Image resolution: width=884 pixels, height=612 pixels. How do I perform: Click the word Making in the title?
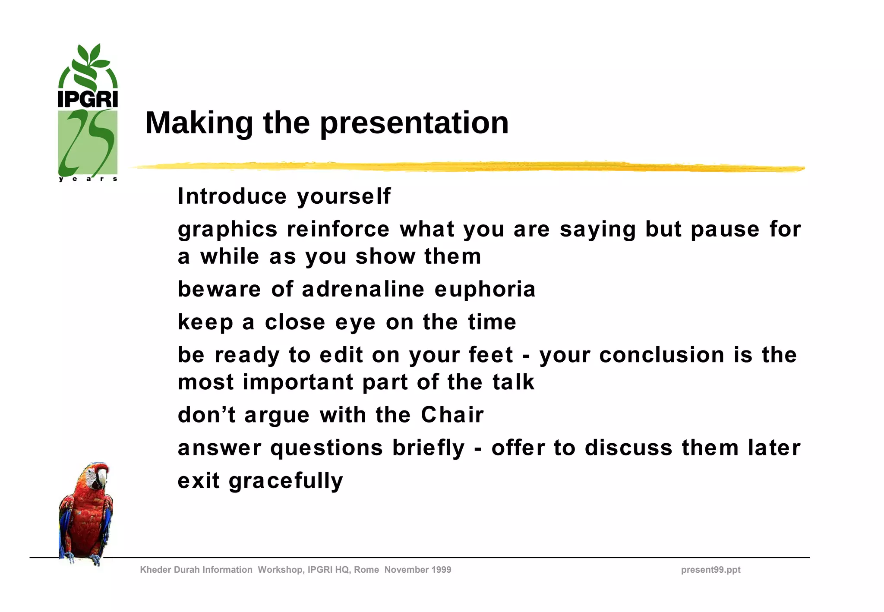pos(199,123)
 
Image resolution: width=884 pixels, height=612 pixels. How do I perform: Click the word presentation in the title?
pos(414,123)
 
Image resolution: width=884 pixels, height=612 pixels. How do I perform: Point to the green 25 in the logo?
pos(88,142)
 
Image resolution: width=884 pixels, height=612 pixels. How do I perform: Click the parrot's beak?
pos(102,478)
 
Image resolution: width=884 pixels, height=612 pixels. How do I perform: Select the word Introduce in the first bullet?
pos(232,196)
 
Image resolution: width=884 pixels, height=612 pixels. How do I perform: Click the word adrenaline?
pos(363,289)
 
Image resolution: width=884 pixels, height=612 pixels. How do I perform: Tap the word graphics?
pos(227,230)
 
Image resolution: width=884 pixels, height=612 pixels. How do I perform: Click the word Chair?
pos(452,415)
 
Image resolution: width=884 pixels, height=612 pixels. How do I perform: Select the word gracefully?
pos(286,481)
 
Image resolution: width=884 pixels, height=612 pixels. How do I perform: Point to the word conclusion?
pos(661,355)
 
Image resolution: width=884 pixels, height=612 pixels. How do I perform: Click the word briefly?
pos(428,448)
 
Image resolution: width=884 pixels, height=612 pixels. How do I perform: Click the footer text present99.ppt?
pos(710,570)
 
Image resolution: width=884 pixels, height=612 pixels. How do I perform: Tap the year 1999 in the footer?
pos(441,570)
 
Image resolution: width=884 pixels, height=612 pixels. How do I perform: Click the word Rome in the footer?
pos(366,570)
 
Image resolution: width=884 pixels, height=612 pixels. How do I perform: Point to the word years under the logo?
pos(88,179)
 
